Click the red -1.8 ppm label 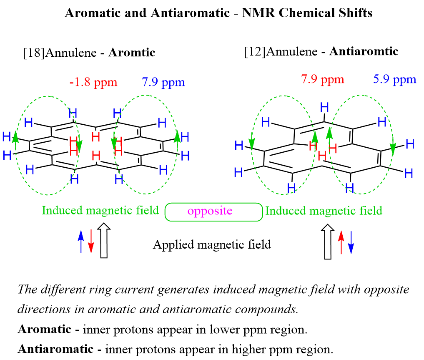point(93,82)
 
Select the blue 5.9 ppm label point(394,79)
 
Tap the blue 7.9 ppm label point(163,82)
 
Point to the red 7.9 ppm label point(322,79)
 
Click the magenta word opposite point(210,211)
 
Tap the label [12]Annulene point(281,52)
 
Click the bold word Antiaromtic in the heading point(364,52)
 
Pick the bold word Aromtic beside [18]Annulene point(131,53)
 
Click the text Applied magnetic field point(212,244)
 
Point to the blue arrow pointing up point(81,242)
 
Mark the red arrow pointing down point(91,242)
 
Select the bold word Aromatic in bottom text point(44,330)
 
